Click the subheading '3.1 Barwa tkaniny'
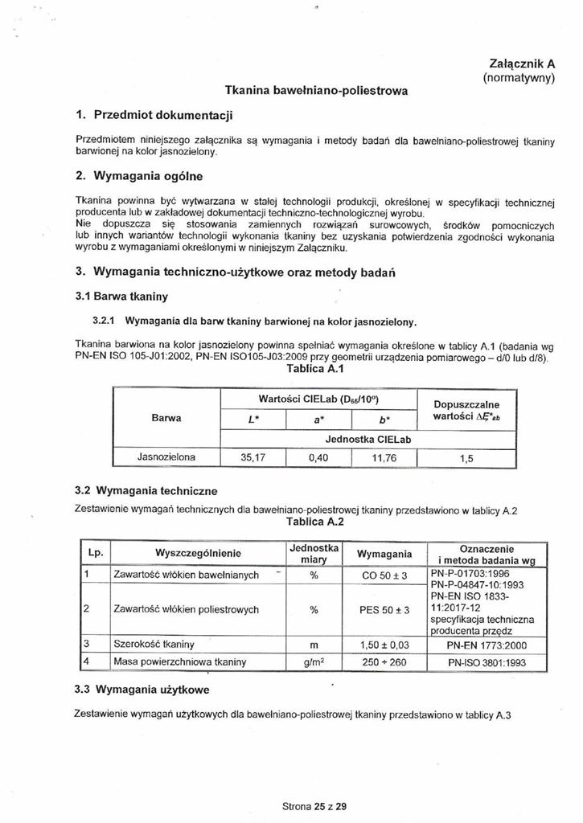(121, 297)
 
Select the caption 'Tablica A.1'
(314, 369)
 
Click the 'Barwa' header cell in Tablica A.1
(166, 418)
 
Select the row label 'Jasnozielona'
(167, 457)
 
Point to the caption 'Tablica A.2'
(314, 521)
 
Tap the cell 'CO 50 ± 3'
(385, 575)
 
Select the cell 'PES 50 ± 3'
(385, 610)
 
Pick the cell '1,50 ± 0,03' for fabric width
(385, 645)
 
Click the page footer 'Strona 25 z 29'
(314, 806)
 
